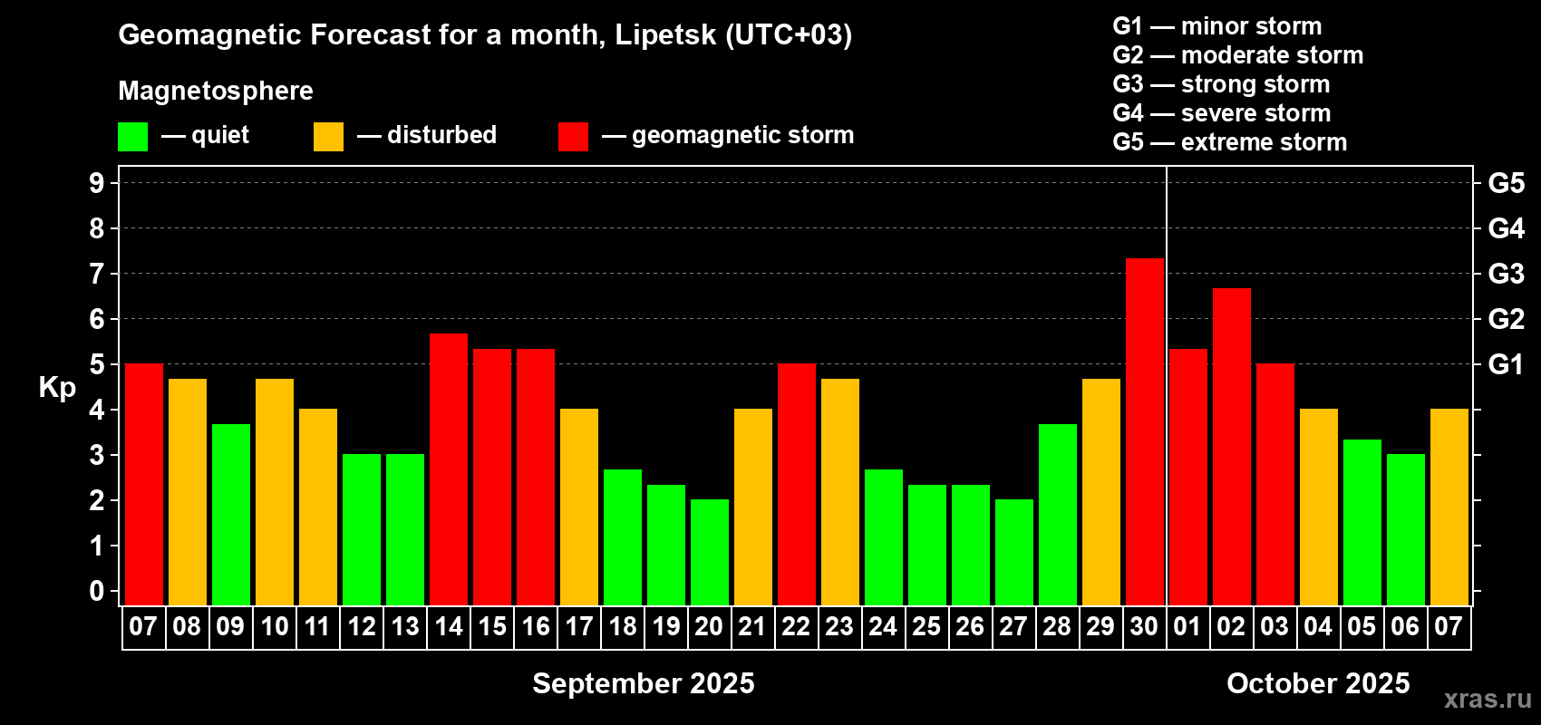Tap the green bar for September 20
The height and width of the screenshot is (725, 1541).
709,552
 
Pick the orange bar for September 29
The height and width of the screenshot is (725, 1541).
1100,491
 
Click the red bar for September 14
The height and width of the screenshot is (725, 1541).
448,469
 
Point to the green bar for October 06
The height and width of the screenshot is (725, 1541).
1405,529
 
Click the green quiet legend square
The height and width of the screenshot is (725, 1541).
132,137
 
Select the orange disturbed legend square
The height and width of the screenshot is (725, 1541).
328,137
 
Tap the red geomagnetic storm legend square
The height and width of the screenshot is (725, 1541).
573,137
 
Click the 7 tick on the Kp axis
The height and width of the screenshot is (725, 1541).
97,274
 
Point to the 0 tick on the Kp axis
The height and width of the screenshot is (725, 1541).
97,592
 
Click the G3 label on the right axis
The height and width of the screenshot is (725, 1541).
1506,274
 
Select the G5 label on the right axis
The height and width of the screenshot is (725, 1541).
1506,183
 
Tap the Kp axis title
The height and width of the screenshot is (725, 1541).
57,387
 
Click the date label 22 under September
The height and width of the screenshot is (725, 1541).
796,626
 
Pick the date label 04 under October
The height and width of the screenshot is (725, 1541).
1318,626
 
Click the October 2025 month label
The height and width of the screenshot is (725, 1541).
1318,683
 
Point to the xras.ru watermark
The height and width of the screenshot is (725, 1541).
1488,699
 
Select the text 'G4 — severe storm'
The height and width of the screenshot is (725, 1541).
1221,113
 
